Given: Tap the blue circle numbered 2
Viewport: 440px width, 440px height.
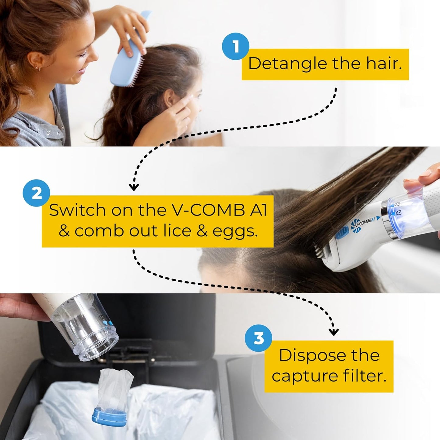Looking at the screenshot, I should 37,193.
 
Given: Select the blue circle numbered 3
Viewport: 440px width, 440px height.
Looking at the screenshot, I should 259,338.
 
